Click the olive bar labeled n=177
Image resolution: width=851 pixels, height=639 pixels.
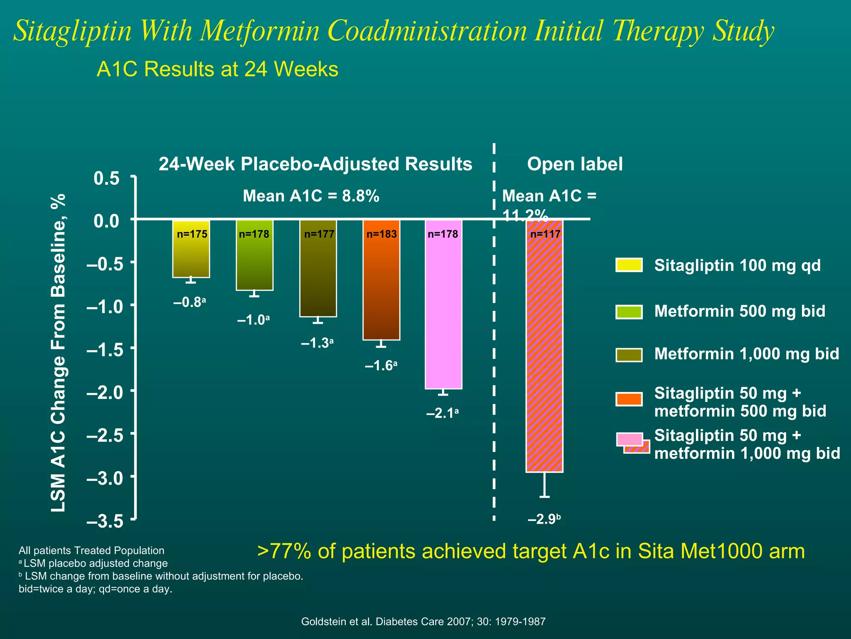[x=318, y=268]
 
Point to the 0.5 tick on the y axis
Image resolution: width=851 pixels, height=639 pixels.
[x=107, y=178]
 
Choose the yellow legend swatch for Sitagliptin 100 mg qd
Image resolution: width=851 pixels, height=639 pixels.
[x=629, y=265]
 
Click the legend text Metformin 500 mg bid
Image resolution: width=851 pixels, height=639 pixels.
[x=740, y=311]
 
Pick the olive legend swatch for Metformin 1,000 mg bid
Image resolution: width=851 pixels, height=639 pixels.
[x=629, y=355]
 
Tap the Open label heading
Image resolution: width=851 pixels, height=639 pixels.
[x=575, y=164]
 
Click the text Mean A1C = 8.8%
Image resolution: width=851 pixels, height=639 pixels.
[x=311, y=196]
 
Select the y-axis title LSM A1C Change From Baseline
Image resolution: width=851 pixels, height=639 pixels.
[x=58, y=353]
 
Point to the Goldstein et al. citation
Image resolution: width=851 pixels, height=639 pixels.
[x=423, y=622]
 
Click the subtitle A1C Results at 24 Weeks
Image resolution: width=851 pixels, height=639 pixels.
[x=217, y=69]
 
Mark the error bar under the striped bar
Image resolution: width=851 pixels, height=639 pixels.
[x=544, y=485]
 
